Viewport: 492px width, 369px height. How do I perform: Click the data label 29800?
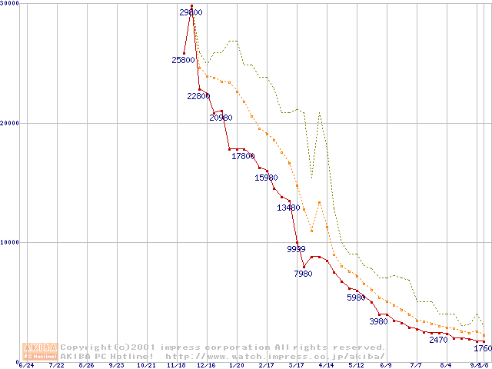coord(191,12)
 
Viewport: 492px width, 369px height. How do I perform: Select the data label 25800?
coord(184,60)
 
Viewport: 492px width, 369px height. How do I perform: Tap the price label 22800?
coord(198,96)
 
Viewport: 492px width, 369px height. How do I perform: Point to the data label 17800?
coord(243,156)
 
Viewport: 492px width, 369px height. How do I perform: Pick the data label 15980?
coord(266,178)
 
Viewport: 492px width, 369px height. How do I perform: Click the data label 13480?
coord(288,208)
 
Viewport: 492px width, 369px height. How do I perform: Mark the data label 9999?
coord(296,249)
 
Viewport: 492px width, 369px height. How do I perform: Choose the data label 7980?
coord(303,273)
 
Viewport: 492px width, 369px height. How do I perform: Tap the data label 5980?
coord(356,298)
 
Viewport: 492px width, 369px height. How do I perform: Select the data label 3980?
coord(378,321)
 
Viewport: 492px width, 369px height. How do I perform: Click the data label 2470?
coord(438,339)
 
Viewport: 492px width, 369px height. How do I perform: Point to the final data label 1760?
coord(482,348)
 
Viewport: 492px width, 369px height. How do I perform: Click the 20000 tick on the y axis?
coord(11,123)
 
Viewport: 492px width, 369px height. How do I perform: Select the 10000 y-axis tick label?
coord(11,242)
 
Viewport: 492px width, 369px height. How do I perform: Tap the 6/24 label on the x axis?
coord(25,365)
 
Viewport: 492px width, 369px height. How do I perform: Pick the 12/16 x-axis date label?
coord(206,365)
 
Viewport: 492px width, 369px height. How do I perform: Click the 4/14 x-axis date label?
coord(326,365)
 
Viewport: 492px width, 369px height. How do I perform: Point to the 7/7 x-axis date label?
coord(416,365)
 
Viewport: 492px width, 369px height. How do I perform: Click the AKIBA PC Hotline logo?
coord(40,351)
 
